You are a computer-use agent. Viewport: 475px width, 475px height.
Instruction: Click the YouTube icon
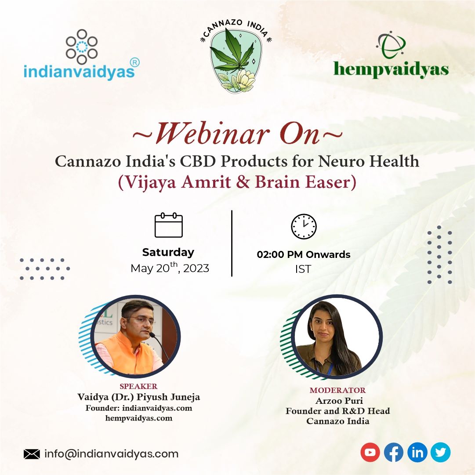[370, 452]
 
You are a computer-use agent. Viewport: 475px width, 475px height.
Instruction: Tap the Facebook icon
[394, 452]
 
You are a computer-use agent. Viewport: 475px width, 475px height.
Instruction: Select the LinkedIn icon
[417, 452]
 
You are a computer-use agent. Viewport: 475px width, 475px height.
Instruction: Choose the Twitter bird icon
[440, 452]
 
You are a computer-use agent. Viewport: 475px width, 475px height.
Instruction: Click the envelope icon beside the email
[32, 454]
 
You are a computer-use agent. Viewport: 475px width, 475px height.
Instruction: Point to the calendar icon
[169, 225]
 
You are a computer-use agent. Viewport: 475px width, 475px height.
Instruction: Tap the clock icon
[304, 226]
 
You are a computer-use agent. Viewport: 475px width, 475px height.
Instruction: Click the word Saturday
[168, 252]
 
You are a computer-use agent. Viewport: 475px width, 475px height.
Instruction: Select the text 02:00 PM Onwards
[304, 254]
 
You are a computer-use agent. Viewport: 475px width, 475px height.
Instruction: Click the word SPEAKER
[139, 386]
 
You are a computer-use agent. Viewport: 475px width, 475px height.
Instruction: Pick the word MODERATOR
[337, 390]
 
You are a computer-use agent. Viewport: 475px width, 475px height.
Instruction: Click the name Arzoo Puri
[339, 401]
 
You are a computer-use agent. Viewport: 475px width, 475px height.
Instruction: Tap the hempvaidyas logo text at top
[391, 70]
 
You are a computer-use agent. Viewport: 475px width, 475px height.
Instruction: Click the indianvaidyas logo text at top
[79, 72]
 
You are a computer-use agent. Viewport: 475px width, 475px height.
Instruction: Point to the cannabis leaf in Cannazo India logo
[232, 51]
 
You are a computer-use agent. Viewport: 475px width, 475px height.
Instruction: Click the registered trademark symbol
[134, 62]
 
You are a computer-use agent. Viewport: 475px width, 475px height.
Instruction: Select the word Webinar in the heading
[212, 133]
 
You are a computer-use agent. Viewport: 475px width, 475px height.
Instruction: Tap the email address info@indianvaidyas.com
[112, 454]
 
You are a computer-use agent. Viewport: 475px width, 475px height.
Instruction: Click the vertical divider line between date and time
[232, 243]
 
